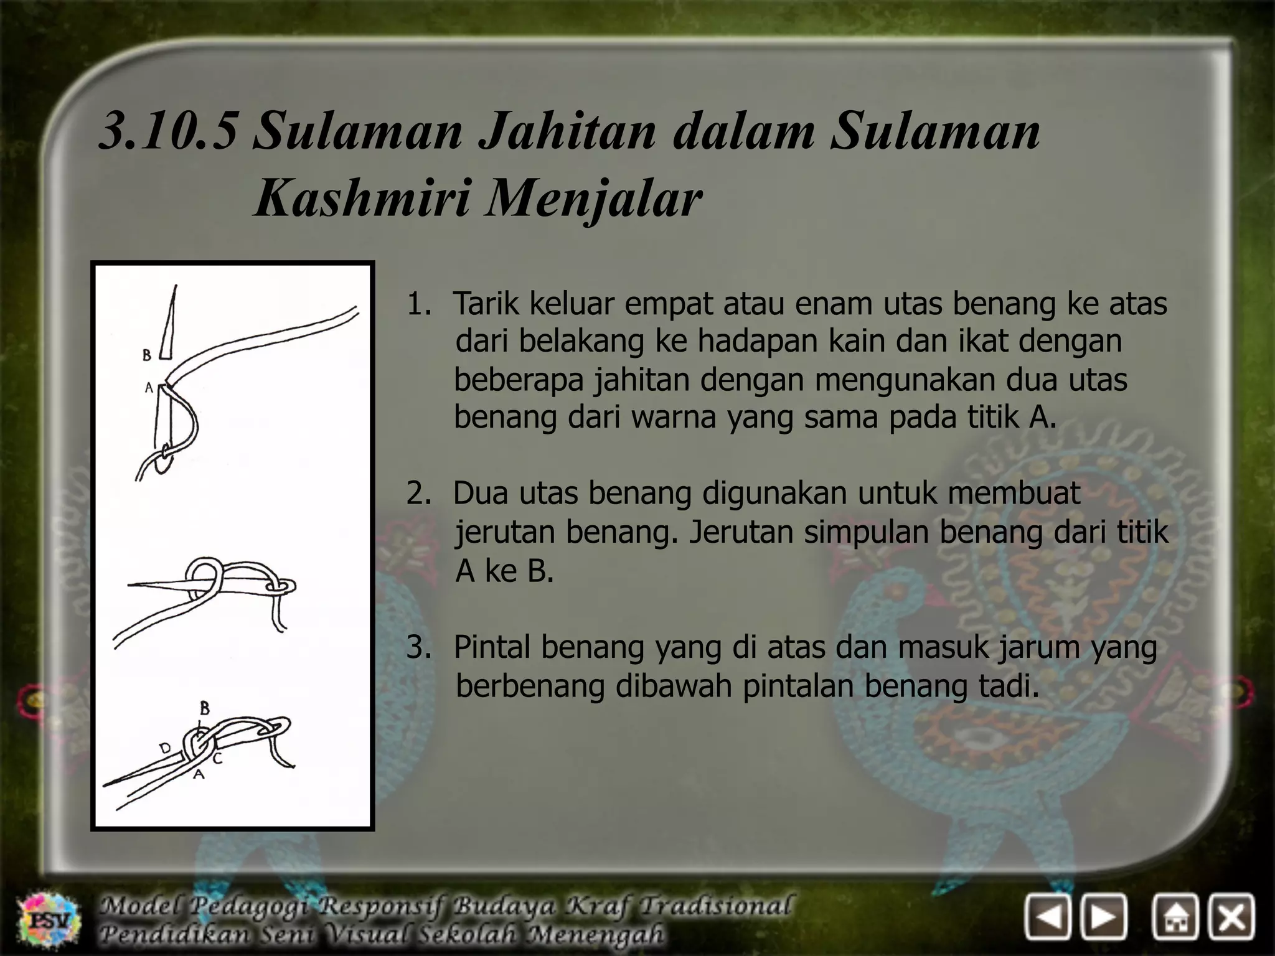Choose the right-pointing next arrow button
[x=1104, y=917]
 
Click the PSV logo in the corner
[x=49, y=919]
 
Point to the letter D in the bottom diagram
[x=166, y=748]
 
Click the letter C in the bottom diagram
[x=217, y=759]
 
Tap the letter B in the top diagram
[x=147, y=355]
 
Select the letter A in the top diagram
[x=149, y=388]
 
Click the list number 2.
[x=418, y=493]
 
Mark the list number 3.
[x=418, y=647]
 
